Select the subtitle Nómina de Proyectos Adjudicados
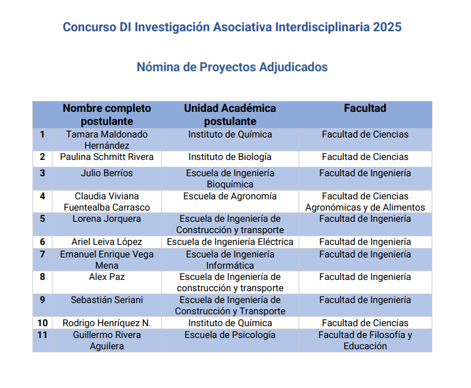(232, 67)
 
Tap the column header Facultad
(365, 108)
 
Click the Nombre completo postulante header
(107, 114)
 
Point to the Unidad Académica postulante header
(230, 114)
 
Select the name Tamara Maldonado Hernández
(107, 140)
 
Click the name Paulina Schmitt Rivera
(107, 157)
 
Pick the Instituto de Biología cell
(230, 157)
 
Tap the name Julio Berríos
(107, 173)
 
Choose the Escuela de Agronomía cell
(230, 196)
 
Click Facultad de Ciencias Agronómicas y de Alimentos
(365, 202)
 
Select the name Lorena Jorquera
(107, 219)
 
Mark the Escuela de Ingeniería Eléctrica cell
(230, 242)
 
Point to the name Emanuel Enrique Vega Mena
(107, 260)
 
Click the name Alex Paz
(107, 277)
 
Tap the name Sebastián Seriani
(107, 300)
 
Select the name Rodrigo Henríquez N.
(107, 323)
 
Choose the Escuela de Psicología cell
(230, 335)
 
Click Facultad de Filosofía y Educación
(365, 341)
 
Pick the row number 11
(42, 335)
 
